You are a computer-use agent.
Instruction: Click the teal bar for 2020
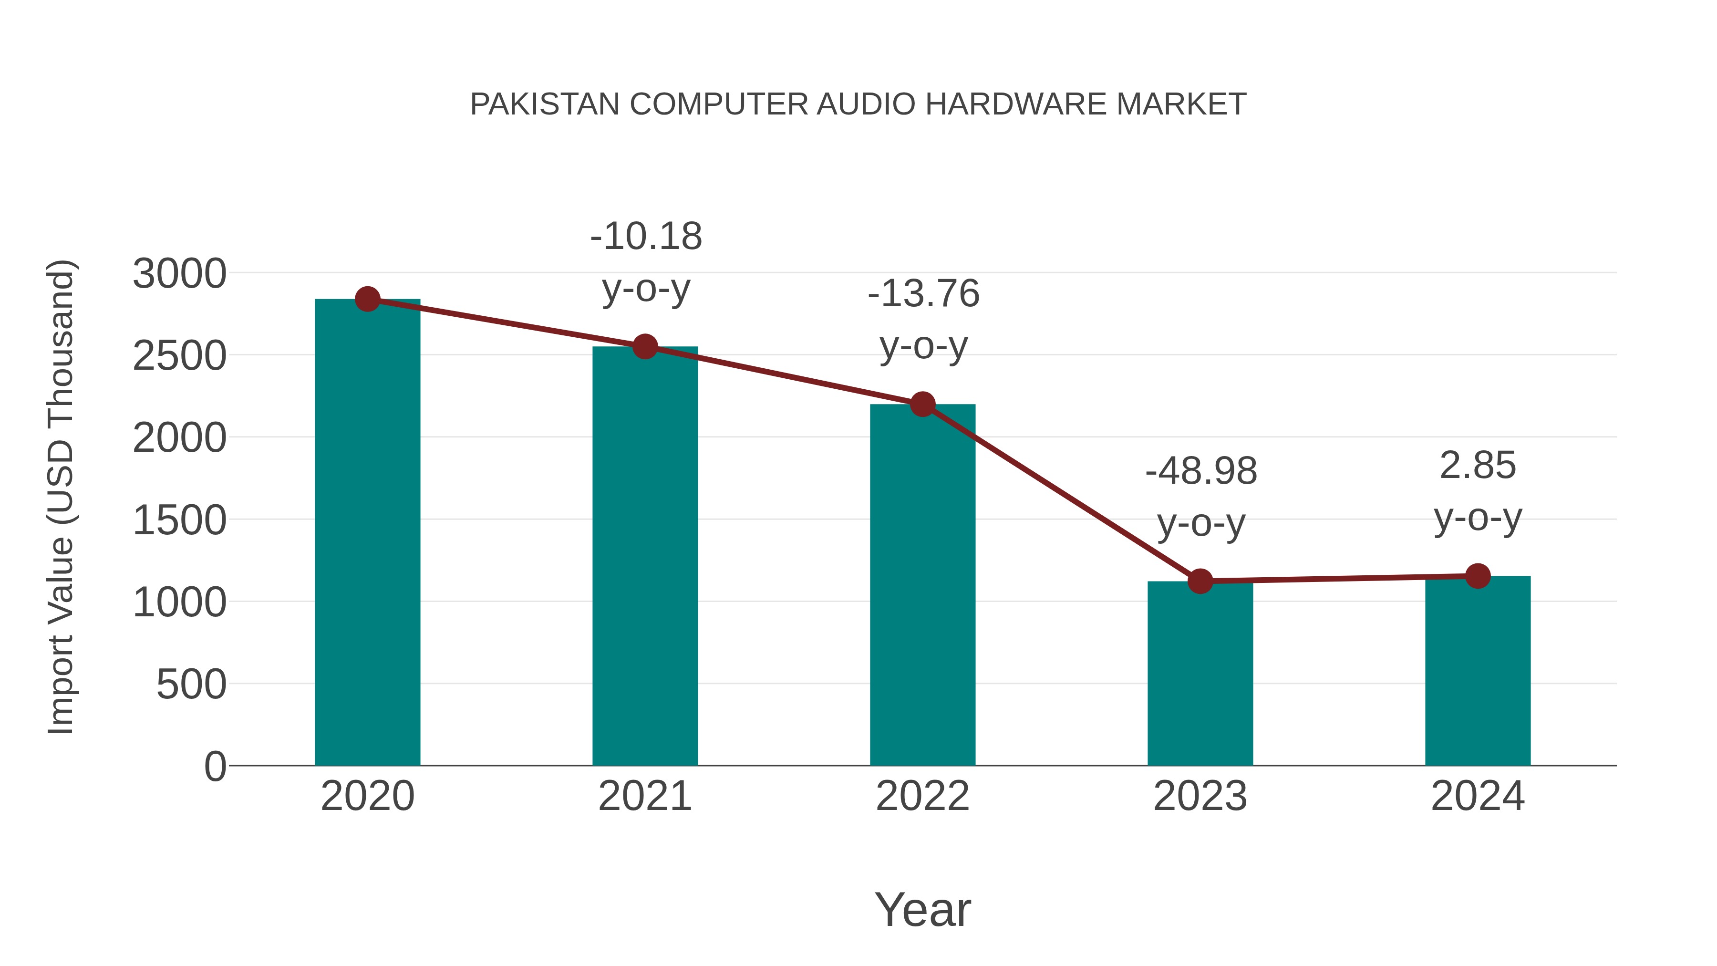pos(367,533)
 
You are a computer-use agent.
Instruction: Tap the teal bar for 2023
pos(1200,673)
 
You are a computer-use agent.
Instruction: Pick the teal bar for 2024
pos(1478,671)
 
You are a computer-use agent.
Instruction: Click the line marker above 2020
pos(367,299)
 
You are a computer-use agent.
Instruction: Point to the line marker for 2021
pos(645,347)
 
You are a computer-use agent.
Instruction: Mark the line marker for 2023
pos(1200,582)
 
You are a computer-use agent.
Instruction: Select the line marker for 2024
pos(1478,576)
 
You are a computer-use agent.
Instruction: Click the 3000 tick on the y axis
pos(179,274)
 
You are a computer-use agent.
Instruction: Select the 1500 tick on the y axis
pos(179,520)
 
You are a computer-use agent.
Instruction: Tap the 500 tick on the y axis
pos(191,685)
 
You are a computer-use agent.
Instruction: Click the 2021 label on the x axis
pos(645,796)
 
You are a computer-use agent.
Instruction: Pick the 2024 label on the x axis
pos(1478,796)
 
